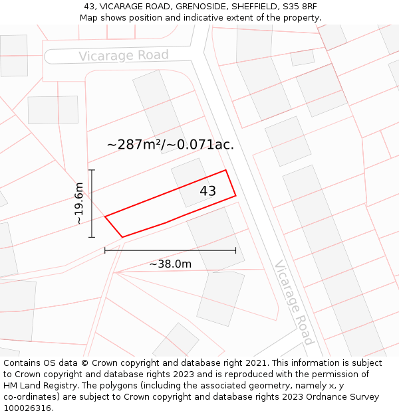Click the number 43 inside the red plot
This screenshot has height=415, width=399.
tap(207, 191)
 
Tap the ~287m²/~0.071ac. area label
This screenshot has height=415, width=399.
tap(170, 144)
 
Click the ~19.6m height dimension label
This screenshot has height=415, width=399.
tap(79, 203)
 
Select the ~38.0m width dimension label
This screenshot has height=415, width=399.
tap(170, 264)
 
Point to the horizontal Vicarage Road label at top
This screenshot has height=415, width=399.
tap(124, 55)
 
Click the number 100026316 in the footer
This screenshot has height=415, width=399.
tap(27, 408)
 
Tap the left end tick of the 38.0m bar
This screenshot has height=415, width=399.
tap(105, 250)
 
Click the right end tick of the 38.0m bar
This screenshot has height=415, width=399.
tap(235, 250)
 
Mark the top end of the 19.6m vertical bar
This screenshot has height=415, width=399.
tap(92, 170)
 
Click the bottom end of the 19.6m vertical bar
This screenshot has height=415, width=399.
tap(92, 237)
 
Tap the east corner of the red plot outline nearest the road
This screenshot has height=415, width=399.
tap(235, 196)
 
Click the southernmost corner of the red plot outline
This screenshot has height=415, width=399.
tap(122, 237)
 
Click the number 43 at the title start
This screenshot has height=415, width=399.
tap(88, 7)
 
